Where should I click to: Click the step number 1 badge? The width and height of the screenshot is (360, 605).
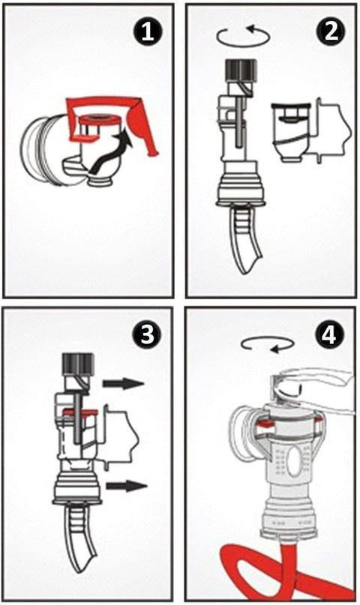(x=148, y=32)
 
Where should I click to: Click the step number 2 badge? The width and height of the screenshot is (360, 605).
(x=330, y=31)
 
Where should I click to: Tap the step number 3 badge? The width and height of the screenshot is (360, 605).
(x=147, y=334)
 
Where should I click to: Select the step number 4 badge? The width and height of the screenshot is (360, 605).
(x=329, y=334)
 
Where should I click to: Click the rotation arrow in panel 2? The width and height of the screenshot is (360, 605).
(x=244, y=37)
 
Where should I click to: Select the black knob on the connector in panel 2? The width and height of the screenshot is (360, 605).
(x=241, y=70)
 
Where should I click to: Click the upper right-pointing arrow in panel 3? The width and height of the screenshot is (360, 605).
(x=123, y=383)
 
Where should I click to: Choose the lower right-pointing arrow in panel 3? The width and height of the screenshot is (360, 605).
(x=127, y=485)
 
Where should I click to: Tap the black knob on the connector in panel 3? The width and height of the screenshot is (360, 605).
(x=78, y=364)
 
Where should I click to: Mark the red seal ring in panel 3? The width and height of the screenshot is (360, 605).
(x=81, y=412)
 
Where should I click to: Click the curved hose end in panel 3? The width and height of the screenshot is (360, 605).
(x=81, y=535)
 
